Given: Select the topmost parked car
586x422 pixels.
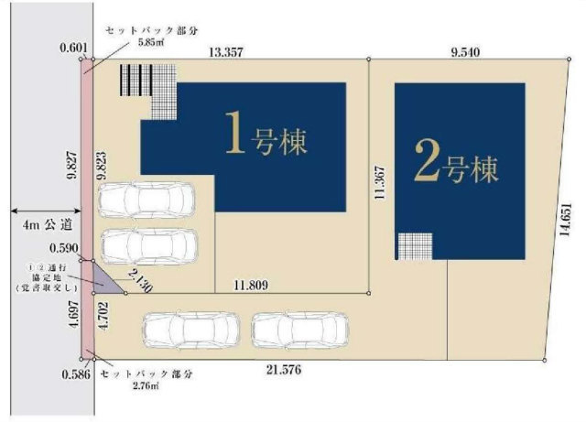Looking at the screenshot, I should (147, 198).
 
